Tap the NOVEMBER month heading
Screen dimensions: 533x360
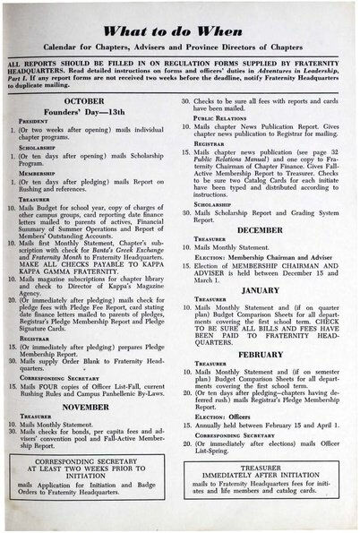click(97, 406)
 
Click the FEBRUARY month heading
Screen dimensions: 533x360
click(261, 353)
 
